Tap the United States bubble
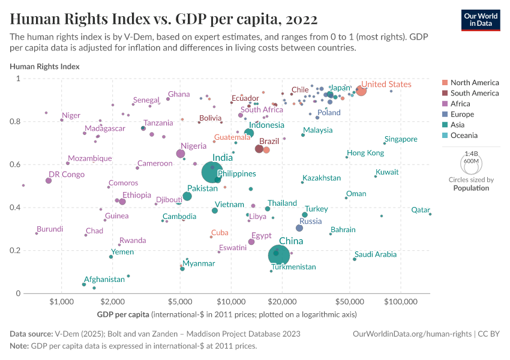pyautogui.click(x=361, y=90)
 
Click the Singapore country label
pyautogui.click(x=401, y=139)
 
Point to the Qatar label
pyautogui.click(x=420, y=210)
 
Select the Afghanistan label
pyautogui.click(x=104, y=279)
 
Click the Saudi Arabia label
pyautogui.click(x=376, y=254)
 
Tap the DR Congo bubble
pyautogui.click(x=49, y=181)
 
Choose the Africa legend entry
pyautogui.click(x=460, y=104)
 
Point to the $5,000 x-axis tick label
pyautogui.click(x=180, y=302)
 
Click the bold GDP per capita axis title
pyautogui.click(x=123, y=314)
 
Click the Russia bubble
pyautogui.click(x=299, y=228)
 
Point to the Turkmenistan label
pyautogui.click(x=292, y=266)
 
